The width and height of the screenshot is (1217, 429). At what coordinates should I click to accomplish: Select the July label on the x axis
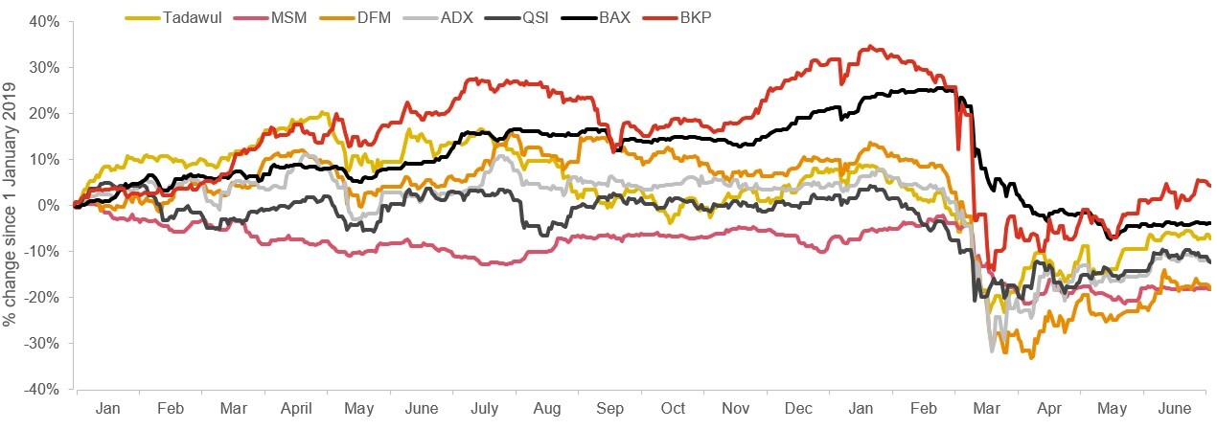485,409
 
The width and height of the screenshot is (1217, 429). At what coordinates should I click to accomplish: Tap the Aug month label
547,409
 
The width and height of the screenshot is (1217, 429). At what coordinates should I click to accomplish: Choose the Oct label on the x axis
673,409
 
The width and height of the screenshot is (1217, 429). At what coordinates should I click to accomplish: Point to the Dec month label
799,409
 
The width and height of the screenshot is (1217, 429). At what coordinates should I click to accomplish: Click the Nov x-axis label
735,409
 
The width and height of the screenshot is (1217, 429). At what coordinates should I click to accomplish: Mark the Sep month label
610,409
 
